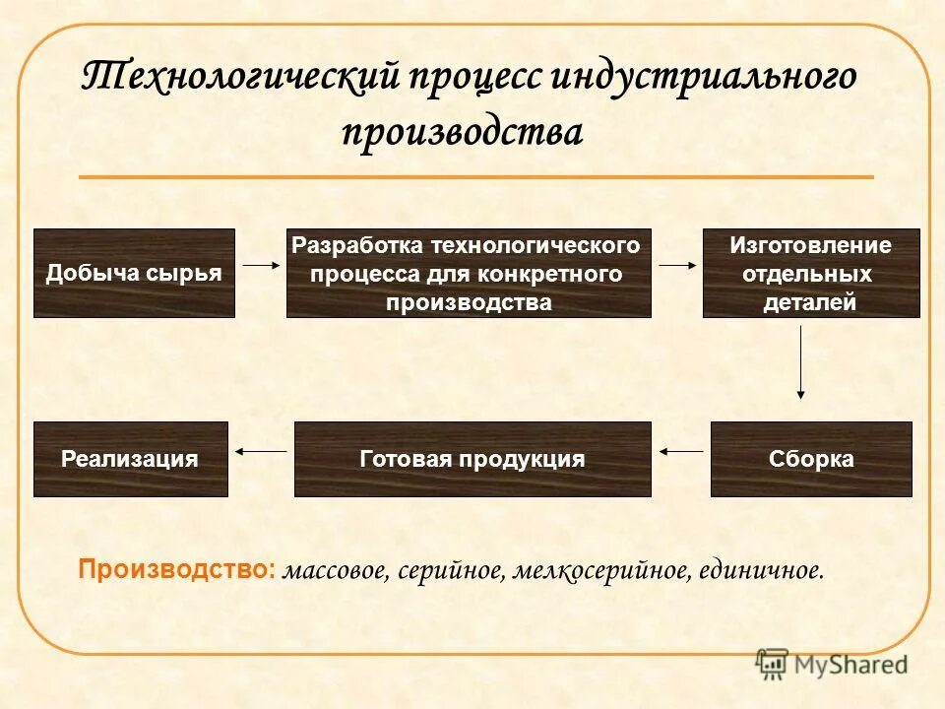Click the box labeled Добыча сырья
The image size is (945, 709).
134,273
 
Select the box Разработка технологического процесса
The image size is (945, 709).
469,273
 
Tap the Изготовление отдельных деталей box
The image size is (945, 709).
811,273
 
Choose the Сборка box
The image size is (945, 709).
811,459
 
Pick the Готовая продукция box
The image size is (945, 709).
472,459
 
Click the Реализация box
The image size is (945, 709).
130,459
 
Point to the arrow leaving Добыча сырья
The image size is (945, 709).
261,265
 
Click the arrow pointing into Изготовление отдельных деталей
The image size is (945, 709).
677,265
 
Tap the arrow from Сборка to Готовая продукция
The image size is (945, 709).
681,451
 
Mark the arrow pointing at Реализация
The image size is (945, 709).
260,451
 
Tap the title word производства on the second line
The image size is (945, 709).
463,132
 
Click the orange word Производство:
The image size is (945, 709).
177,569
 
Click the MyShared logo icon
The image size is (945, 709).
773,663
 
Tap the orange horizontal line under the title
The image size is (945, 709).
475,177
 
